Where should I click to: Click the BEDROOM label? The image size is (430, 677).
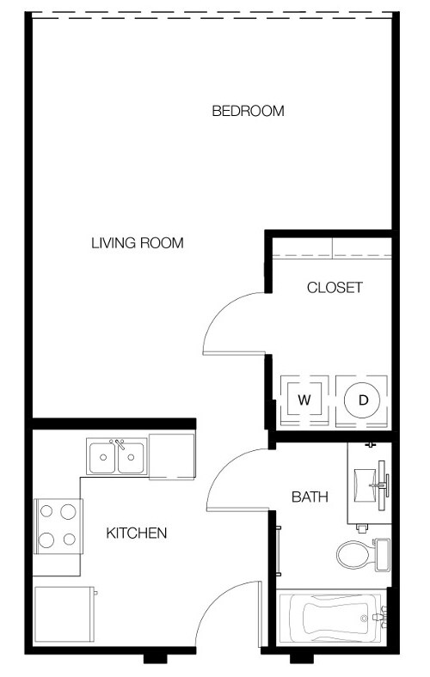click(x=248, y=111)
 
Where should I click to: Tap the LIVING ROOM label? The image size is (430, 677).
click(x=138, y=243)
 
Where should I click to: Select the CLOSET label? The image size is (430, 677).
click(x=335, y=288)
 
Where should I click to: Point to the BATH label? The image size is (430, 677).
click(x=310, y=496)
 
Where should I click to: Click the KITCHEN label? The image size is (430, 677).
click(x=136, y=534)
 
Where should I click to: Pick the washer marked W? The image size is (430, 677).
click(x=304, y=399)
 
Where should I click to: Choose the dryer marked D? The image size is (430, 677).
click(x=363, y=399)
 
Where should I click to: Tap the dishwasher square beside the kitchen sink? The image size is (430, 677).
click(x=171, y=454)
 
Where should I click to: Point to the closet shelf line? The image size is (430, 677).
click(x=332, y=258)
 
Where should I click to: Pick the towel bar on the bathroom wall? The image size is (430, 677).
click(x=279, y=550)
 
